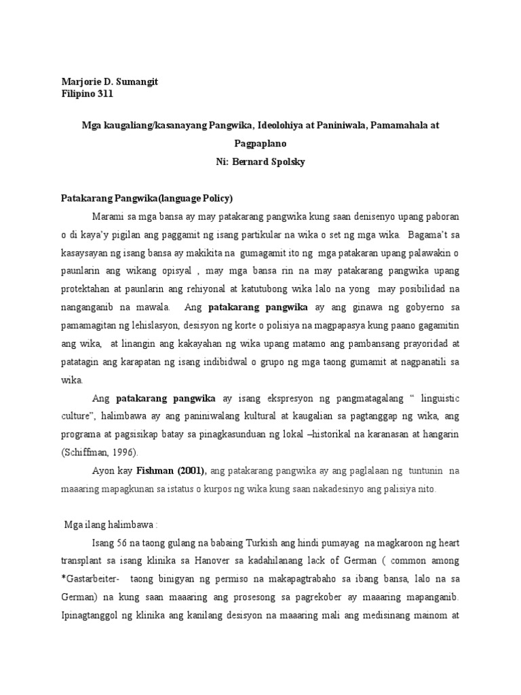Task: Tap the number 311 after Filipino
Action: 104,94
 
